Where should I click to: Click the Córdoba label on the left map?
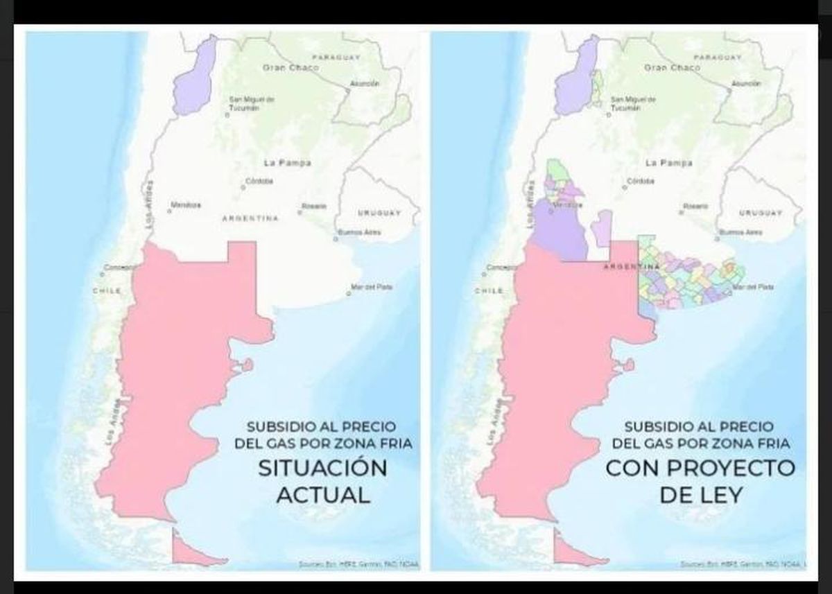(x=259, y=182)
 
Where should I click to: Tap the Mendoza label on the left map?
(x=186, y=205)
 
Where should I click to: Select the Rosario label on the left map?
(x=314, y=206)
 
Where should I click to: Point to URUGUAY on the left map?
(x=379, y=213)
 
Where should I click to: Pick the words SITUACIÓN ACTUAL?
(x=322, y=480)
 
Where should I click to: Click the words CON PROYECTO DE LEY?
(x=700, y=480)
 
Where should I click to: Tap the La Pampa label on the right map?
(x=668, y=164)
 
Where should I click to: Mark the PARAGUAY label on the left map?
(x=336, y=56)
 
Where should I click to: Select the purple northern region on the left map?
(x=196, y=76)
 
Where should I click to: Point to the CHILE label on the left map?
(x=107, y=290)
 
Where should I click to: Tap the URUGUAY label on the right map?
(x=761, y=213)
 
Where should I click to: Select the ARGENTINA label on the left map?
(x=250, y=218)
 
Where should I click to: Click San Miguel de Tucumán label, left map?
(x=252, y=104)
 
